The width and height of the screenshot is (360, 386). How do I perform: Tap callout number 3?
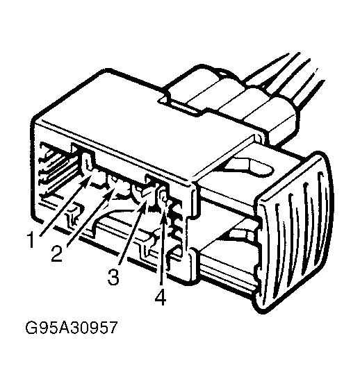[113, 277]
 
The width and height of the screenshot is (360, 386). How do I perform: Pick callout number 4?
[161, 297]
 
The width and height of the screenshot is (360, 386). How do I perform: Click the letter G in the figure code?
[31, 328]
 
